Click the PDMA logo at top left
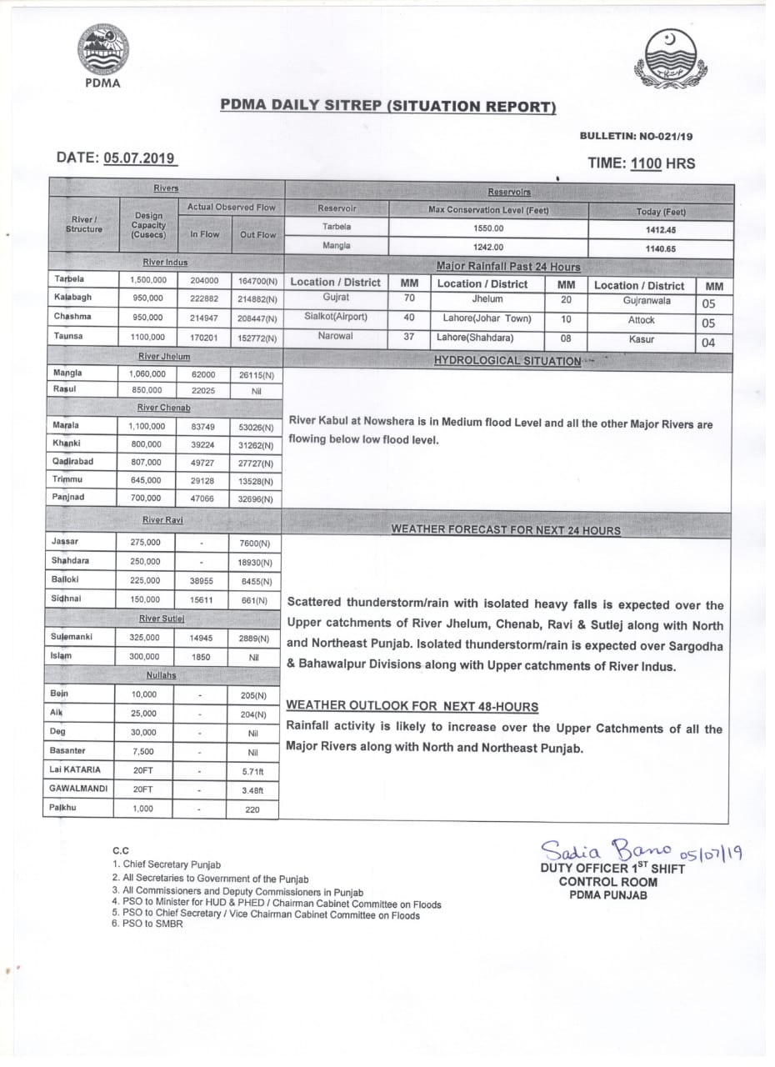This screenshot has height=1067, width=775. [x=103, y=53]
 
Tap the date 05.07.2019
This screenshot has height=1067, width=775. [x=140, y=158]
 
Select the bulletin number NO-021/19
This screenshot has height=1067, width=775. [x=665, y=136]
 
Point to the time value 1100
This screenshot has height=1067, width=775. [x=646, y=164]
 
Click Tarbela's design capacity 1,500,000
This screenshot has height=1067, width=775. [x=147, y=279]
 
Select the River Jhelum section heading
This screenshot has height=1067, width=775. [x=165, y=356]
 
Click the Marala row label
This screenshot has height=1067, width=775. [x=67, y=426]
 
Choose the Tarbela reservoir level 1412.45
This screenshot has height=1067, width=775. [x=660, y=230]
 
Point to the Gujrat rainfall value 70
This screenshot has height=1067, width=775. [x=409, y=298]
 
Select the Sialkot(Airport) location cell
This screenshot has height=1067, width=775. [x=336, y=317]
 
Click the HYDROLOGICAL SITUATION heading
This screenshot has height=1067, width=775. [x=507, y=361]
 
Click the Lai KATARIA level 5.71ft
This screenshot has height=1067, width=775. [x=252, y=770]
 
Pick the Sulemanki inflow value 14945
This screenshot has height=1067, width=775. [x=202, y=638]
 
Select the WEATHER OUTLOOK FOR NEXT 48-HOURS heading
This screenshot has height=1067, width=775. [x=412, y=706]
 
